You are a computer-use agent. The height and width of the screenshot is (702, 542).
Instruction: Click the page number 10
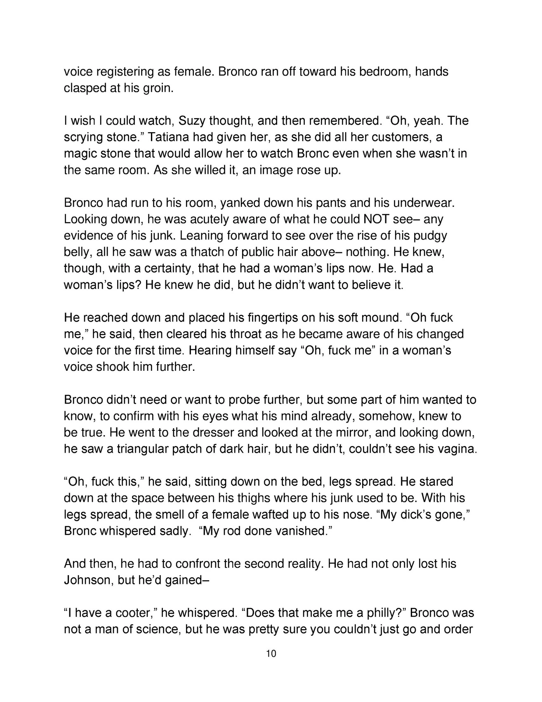pyautogui.click(x=271, y=654)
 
